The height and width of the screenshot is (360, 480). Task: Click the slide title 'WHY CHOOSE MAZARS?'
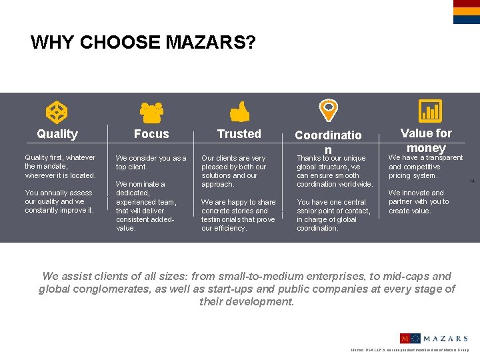click(x=143, y=43)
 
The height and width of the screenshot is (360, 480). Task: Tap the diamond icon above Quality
click(x=55, y=111)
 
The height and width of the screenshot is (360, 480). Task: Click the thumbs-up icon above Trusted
click(x=239, y=111)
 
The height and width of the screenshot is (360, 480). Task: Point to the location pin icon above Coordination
click(x=329, y=109)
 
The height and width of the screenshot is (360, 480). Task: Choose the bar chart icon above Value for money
click(x=429, y=111)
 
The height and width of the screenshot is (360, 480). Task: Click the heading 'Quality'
click(x=57, y=134)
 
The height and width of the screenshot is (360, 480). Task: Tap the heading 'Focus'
click(x=151, y=134)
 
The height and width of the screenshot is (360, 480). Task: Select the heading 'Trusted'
click(x=239, y=134)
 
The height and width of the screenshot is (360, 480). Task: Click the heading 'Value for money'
click(x=426, y=140)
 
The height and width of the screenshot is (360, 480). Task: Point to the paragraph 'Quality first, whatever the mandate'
click(x=60, y=166)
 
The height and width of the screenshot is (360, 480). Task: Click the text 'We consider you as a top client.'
click(x=151, y=162)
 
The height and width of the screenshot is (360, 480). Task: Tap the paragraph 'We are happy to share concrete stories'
click(x=238, y=215)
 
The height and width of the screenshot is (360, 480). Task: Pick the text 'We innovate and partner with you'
click(x=419, y=201)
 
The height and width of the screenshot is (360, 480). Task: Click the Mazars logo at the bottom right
click(x=433, y=339)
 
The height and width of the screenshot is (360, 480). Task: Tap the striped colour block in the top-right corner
click(x=466, y=12)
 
